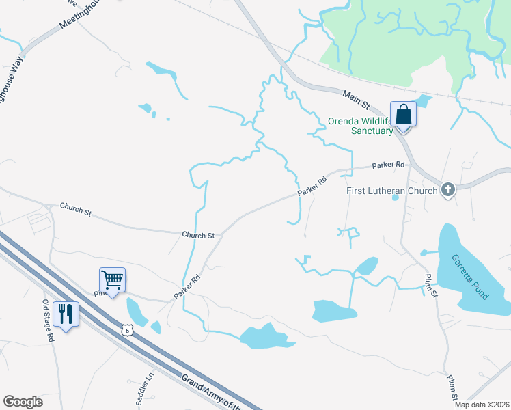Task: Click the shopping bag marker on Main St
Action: pos(403,114)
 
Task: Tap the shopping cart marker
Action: pos(112,279)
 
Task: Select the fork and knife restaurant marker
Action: pos(66,314)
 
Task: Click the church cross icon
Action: pos(448,189)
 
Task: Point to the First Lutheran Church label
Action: pos(391,191)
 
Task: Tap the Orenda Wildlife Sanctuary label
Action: pos(361,126)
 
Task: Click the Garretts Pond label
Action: pos(470,277)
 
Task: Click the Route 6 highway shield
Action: pos(126,330)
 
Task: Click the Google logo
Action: pos(23,402)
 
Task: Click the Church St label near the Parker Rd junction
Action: pos(198,234)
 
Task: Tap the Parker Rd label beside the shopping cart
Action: pos(186,286)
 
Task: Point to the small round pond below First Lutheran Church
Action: pos(394,198)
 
